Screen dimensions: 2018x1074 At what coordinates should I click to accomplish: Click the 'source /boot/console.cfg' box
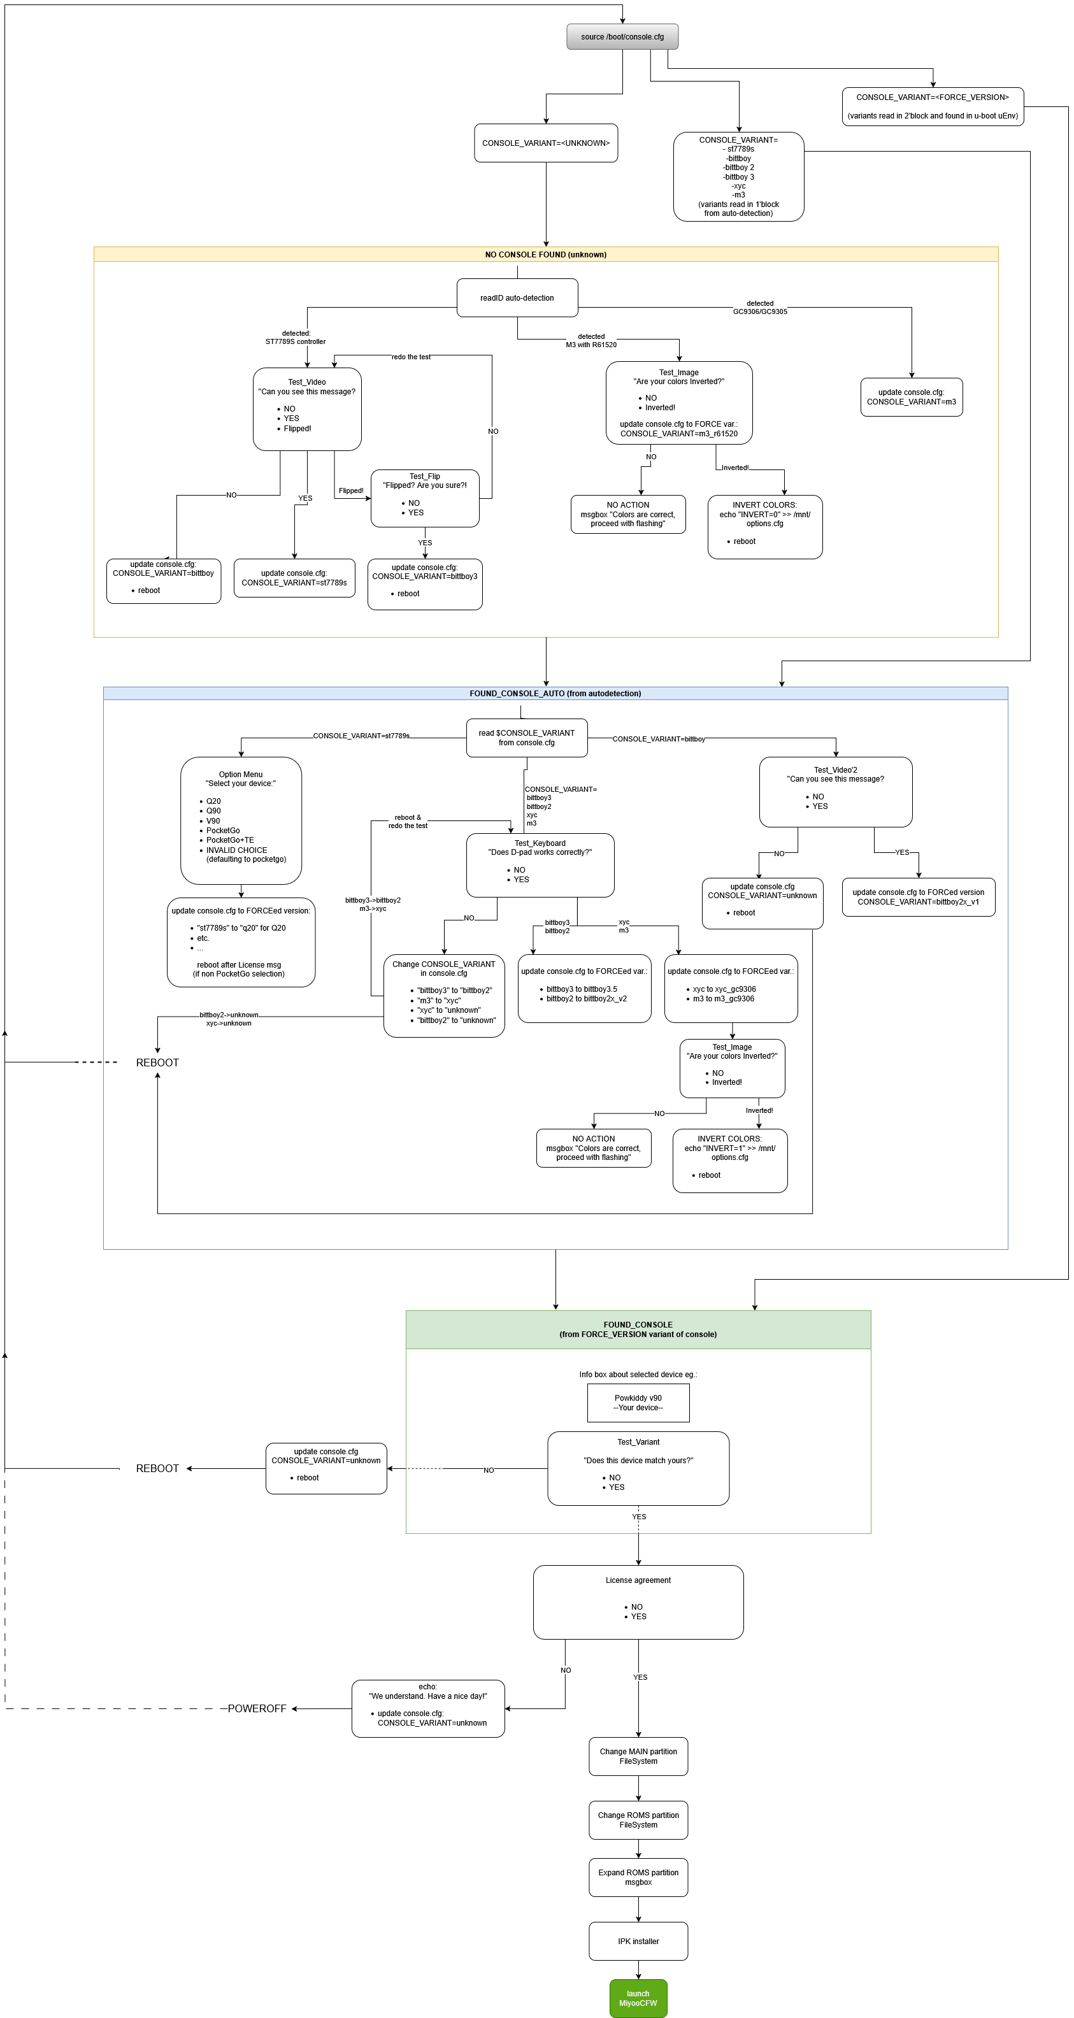pos(622,37)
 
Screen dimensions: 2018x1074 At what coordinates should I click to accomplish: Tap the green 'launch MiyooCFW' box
pos(638,1998)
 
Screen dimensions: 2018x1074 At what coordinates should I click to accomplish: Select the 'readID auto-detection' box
pos(517,297)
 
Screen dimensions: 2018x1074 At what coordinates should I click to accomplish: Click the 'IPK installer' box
pos(638,1940)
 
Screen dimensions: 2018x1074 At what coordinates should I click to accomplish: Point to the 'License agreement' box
pos(638,1601)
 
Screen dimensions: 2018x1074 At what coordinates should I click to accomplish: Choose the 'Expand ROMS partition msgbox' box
pos(638,1877)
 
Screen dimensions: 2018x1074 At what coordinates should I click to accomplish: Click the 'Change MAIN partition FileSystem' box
pos(638,1756)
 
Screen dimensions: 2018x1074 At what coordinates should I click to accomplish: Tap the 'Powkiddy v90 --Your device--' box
pos(638,1402)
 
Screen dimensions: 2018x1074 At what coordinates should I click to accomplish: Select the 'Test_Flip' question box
pos(425,497)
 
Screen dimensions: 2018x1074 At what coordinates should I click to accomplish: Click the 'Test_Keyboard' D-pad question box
pos(540,865)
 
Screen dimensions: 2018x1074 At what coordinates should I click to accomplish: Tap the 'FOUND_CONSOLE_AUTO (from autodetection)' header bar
pos(555,693)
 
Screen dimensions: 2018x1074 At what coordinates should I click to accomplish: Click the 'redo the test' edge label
pos(410,357)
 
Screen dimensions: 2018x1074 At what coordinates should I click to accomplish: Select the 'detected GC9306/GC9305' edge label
pos(760,307)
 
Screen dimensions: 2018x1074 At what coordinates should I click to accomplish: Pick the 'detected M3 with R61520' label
pos(591,340)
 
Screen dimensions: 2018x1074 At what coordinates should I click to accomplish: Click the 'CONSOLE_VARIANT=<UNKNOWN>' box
pos(545,143)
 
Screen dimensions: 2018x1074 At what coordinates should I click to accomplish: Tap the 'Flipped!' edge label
pos(351,490)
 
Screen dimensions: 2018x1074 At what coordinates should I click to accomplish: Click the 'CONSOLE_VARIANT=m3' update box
pos(911,397)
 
